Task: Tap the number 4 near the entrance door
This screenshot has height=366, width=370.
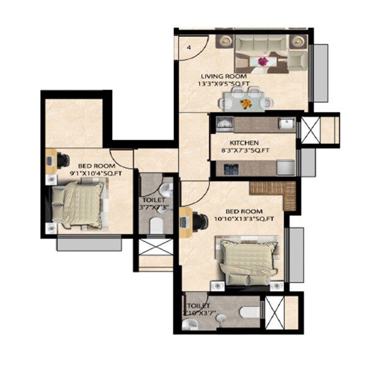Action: pos(189,47)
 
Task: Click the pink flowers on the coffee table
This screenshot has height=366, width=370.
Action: pos(263,61)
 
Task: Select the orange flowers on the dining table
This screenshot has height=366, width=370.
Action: pos(246,104)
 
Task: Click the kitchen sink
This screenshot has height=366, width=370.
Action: pos(285,123)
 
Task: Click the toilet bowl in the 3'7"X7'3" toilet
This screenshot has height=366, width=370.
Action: pos(157,226)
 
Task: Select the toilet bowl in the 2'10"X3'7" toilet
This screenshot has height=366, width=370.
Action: pos(250,313)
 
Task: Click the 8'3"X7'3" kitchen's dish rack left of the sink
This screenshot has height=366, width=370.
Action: pos(223,123)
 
